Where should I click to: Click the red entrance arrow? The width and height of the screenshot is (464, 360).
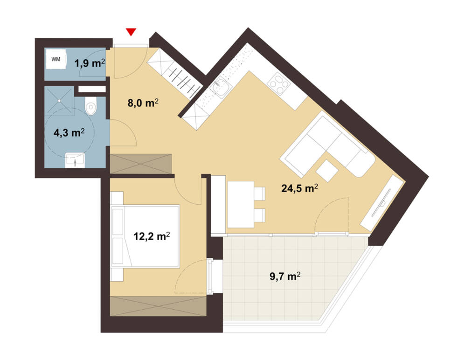tap(131, 32)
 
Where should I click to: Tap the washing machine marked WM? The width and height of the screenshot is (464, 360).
tap(56, 59)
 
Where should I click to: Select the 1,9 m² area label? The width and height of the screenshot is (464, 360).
tap(90, 62)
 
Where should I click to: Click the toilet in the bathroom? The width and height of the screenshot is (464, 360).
tap(90, 106)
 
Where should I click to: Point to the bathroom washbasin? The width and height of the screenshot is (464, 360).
tap(75, 160)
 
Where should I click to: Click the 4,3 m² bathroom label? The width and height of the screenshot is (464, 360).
tap(69, 132)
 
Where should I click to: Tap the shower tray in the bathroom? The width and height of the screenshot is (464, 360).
tap(60, 101)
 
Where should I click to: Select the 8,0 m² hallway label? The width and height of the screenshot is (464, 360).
tap(143, 103)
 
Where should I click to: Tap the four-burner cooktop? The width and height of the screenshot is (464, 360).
tap(279, 83)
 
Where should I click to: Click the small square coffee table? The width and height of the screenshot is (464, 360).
tap(327, 171)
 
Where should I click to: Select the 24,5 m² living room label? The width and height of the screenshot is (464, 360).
tap(300, 188)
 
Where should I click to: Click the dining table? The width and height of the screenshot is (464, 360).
tap(241, 204)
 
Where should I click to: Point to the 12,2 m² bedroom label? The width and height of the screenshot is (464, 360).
tap(152, 236)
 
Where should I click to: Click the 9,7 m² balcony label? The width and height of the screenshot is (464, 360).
tap(285, 277)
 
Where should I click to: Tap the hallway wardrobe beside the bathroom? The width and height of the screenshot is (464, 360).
tap(141, 164)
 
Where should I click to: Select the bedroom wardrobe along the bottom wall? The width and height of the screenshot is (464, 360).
tap(158, 306)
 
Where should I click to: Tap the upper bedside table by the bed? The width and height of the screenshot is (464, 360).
tap(117, 198)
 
